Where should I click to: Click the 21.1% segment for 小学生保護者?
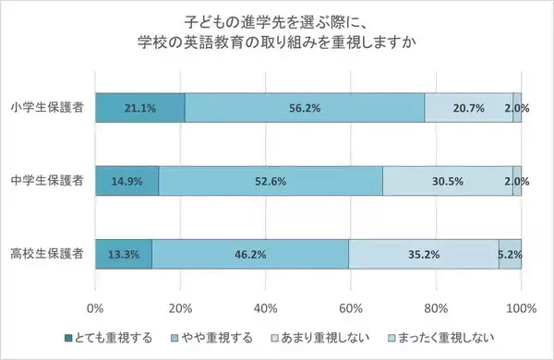[139, 108]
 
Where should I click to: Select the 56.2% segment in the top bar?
[305, 108]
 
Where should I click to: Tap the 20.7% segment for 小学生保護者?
[469, 108]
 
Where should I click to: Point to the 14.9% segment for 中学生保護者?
[126, 181]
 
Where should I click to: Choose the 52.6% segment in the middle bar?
[271, 181]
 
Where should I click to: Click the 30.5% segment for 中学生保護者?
[448, 181]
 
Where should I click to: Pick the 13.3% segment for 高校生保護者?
[123, 253]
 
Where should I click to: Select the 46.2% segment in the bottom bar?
[250, 253]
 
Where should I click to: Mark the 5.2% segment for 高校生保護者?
[510, 253]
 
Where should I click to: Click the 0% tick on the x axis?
[95, 306]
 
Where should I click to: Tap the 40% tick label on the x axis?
[266, 306]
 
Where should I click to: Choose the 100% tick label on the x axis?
[521, 306]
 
